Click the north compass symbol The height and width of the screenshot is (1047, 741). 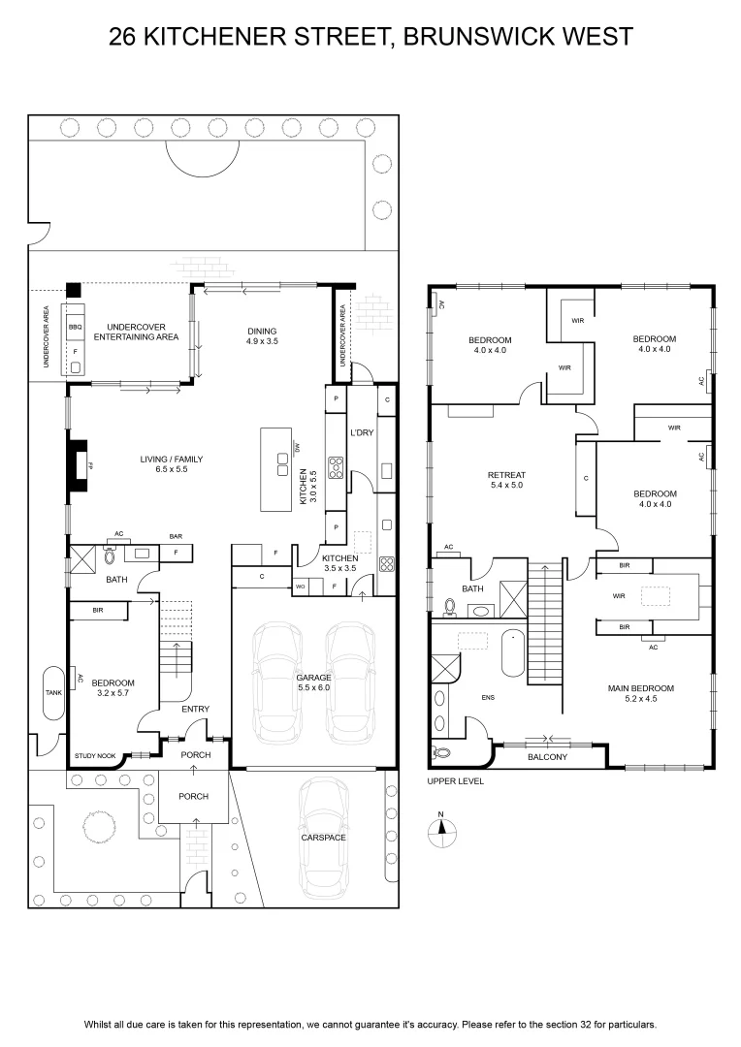pyautogui.click(x=441, y=830)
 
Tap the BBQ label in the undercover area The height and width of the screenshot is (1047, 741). pyautogui.click(x=75, y=328)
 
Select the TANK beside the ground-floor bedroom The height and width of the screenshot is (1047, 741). pyautogui.click(x=53, y=692)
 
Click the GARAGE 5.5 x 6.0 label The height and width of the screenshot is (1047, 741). pyautogui.click(x=313, y=682)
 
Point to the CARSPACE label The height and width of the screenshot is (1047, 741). pyautogui.click(x=323, y=838)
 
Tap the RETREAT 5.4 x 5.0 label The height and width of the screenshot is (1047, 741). pyautogui.click(x=506, y=480)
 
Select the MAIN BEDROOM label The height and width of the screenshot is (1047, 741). pyautogui.click(x=641, y=688)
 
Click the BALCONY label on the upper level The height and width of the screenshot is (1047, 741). pyautogui.click(x=547, y=757)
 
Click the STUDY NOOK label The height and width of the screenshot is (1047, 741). pyautogui.click(x=95, y=756)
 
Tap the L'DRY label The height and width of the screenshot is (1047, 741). pyautogui.click(x=362, y=432)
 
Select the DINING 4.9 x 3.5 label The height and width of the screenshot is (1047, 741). pyautogui.click(x=262, y=335)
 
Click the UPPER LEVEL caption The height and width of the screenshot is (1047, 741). pyautogui.click(x=456, y=781)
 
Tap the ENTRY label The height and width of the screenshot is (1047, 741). pyautogui.click(x=195, y=709)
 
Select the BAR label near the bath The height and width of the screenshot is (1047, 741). pyautogui.click(x=176, y=536)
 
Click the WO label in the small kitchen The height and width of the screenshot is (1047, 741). pyautogui.click(x=301, y=587)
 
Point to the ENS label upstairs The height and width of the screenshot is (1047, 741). pyautogui.click(x=488, y=698)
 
